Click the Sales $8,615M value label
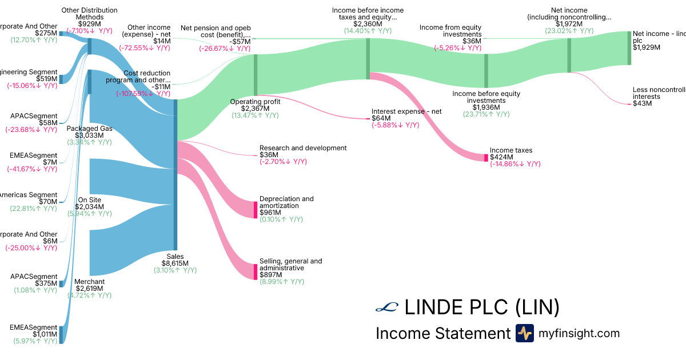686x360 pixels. coord(175,263)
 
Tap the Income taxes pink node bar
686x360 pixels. coord(486,157)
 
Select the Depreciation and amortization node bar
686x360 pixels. coord(256,209)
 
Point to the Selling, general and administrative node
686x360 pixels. coord(256,271)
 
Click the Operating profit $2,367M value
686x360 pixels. coord(254,108)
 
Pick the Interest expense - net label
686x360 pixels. coord(406,111)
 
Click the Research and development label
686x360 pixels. coord(303,147)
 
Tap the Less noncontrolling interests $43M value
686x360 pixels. coord(643,103)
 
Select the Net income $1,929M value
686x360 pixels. coord(647,47)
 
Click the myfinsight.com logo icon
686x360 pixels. coord(524,333)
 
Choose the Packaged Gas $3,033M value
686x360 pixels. coord(89,135)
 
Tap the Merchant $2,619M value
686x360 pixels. coord(89,289)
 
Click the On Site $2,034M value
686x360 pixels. coord(89,206)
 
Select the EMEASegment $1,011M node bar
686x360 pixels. coord(61,334)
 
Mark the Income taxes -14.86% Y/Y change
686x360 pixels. coord(515,164)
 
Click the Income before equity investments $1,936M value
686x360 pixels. coord(486,107)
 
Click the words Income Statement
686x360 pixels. coord(442,333)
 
